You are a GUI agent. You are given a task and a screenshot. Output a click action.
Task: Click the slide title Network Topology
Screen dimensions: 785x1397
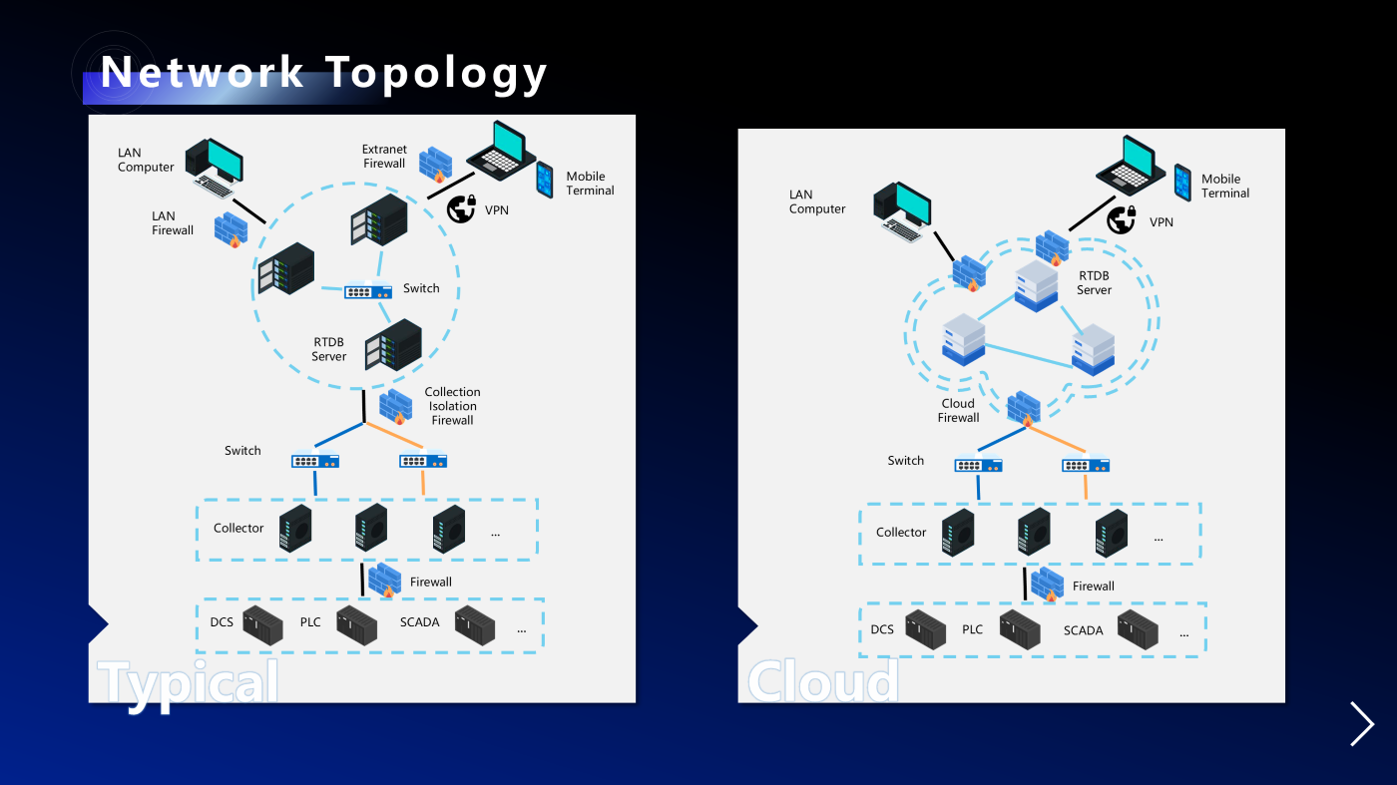click(x=324, y=73)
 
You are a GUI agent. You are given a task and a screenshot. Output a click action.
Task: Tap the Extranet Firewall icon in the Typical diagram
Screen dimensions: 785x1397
click(x=436, y=165)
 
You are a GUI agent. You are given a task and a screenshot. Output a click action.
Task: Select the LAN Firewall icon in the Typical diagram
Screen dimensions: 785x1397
click(x=231, y=229)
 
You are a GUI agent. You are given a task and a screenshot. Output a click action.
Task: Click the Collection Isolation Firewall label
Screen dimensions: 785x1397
click(x=452, y=406)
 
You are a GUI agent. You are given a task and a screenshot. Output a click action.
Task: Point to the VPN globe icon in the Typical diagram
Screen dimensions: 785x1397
click(x=460, y=207)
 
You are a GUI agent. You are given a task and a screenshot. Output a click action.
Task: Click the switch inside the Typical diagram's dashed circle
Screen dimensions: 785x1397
click(x=368, y=291)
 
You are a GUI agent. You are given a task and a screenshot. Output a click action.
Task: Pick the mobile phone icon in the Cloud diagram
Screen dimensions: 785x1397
click(x=1182, y=183)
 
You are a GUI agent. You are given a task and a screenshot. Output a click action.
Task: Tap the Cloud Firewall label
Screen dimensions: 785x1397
click(x=958, y=411)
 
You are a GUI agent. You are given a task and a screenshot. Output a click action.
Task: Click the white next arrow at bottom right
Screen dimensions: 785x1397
click(x=1362, y=723)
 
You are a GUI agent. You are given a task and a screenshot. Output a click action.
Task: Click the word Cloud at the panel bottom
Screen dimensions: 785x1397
click(x=823, y=682)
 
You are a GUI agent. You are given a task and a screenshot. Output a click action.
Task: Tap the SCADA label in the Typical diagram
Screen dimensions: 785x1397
click(x=420, y=622)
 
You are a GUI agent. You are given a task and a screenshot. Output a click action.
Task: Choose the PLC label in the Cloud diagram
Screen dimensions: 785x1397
click(x=973, y=629)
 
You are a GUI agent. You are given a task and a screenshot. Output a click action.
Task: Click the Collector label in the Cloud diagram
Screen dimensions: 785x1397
click(x=901, y=533)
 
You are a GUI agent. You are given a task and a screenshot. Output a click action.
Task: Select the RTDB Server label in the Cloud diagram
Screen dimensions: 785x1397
click(x=1094, y=282)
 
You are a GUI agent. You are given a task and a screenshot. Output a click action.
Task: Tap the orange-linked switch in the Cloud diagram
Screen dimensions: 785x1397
click(x=1086, y=465)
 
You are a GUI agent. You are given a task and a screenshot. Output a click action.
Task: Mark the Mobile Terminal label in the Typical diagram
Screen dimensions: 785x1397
click(x=590, y=184)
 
